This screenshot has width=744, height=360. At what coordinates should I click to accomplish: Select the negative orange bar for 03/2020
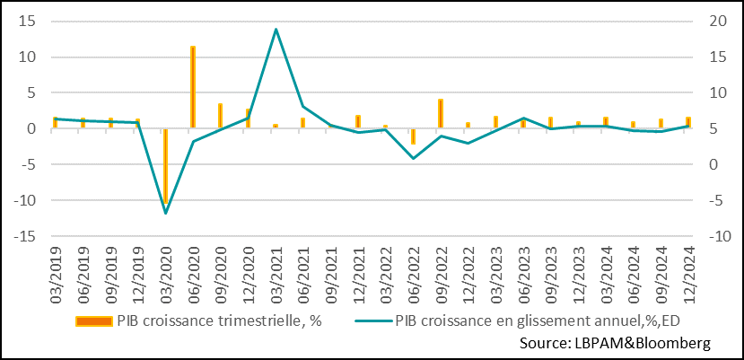(165, 167)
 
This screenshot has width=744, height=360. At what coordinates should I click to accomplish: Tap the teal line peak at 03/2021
(276, 29)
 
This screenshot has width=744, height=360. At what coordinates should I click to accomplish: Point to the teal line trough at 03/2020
(165, 213)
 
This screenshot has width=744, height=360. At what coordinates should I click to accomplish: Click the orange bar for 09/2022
(441, 113)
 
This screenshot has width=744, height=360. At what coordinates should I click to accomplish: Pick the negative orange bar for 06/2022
(413, 136)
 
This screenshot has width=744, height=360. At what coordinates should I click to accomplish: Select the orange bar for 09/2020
(221, 116)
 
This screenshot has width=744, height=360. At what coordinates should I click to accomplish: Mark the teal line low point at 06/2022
(413, 159)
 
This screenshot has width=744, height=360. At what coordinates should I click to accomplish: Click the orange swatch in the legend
(92, 321)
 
